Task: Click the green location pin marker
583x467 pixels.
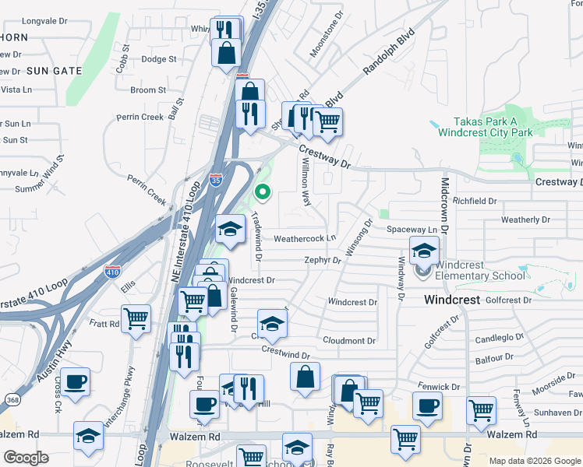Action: [x=263, y=191]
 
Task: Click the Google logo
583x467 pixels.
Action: [x=26, y=458]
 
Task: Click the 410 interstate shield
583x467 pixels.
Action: [x=112, y=272]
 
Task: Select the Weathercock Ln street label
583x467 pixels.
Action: [x=305, y=238]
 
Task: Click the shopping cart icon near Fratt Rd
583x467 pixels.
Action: [x=136, y=319]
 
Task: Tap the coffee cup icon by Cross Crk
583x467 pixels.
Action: [x=76, y=382]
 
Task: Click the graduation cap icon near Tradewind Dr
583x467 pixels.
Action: [x=230, y=228]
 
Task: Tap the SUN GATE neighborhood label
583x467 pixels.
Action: [x=55, y=71]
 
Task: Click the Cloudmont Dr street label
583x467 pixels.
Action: [x=349, y=341]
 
